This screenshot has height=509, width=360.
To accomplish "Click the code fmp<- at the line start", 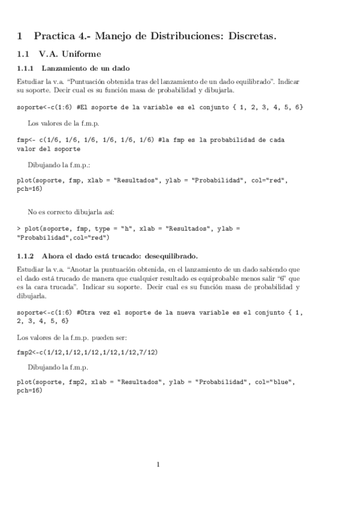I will (x=26, y=140).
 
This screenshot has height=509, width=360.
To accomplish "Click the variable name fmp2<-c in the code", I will (x=32, y=351).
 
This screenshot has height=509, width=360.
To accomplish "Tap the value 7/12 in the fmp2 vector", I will (x=146, y=351).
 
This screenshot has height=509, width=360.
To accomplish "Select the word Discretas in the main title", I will (x=250, y=37).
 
